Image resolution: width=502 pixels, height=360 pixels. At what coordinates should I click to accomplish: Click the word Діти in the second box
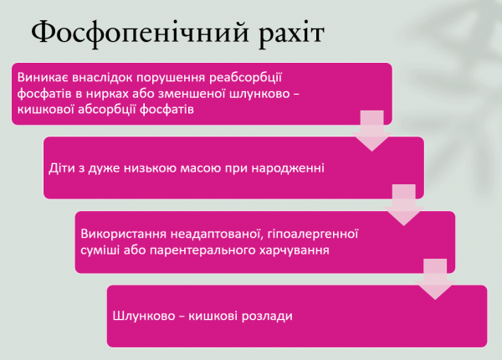point(61,168)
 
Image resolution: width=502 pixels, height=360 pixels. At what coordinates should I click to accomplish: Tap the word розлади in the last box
point(266,316)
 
